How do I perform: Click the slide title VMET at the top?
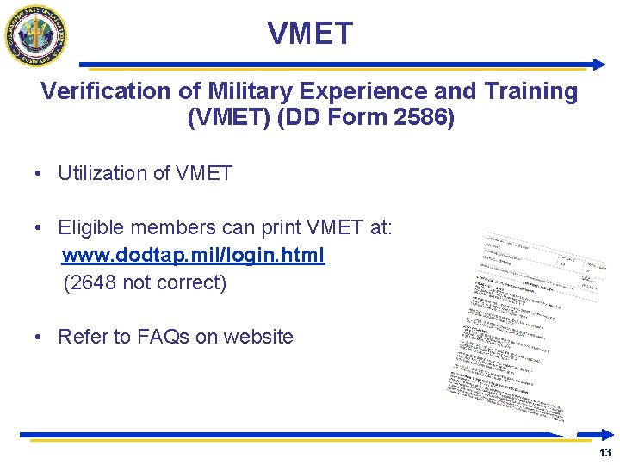pos(310,34)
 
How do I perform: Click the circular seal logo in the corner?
pos(36,35)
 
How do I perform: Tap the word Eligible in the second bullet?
pos(90,227)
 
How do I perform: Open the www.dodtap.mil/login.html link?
pos(194,256)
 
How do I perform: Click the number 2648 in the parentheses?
pos(92,282)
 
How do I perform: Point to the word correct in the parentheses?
pos(191,282)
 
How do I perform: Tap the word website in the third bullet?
pos(257,337)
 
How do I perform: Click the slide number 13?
pos(604,453)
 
